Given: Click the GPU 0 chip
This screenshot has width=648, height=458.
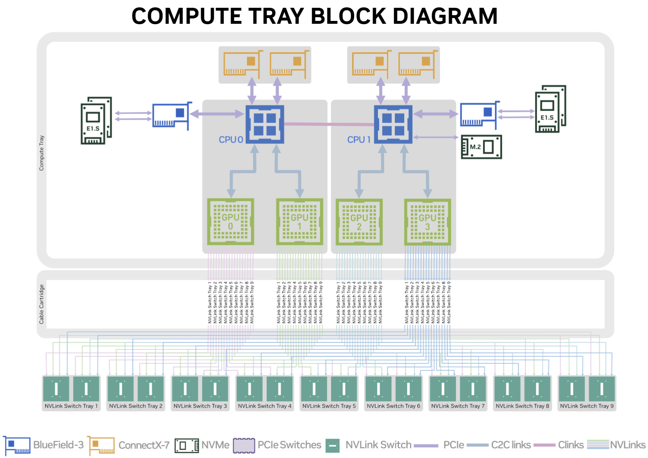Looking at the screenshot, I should [x=230, y=222].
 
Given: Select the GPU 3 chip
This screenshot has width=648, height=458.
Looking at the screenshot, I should [x=427, y=222].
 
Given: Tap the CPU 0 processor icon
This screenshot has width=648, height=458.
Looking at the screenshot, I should [x=264, y=124].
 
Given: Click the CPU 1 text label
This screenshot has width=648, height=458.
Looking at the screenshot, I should [x=359, y=140].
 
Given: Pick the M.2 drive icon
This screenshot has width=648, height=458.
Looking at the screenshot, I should [x=481, y=147].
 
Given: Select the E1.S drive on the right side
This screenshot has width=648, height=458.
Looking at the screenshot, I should [x=550, y=109].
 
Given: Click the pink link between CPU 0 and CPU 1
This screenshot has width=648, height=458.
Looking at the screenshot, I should [x=328, y=124].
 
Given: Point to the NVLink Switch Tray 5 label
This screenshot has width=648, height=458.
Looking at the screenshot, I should [x=329, y=406].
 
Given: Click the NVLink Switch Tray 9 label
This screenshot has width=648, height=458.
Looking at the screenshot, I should [x=586, y=406].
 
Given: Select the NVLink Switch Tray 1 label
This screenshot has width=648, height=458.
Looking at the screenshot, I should [x=71, y=406].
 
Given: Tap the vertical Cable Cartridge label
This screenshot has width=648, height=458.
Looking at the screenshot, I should [x=41, y=304].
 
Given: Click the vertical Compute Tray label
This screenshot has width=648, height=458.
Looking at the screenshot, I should [x=41, y=153].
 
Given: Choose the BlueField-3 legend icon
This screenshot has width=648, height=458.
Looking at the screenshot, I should [x=17, y=445].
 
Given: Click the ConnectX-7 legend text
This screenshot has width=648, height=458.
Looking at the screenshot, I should [x=144, y=445].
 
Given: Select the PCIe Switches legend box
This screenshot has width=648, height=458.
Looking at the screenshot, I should [x=244, y=445].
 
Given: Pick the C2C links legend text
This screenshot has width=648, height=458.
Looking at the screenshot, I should [x=511, y=445].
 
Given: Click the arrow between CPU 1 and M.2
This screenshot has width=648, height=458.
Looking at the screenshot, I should [x=436, y=137].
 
